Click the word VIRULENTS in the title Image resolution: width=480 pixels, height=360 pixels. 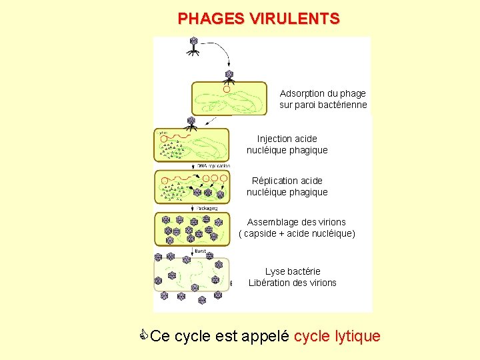(295, 19)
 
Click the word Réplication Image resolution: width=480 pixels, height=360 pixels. (278, 181)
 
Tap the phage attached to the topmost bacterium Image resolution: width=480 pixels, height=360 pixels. (229, 76)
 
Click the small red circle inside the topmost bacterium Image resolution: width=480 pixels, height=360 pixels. (227, 89)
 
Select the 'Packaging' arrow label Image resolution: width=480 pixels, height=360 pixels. (207, 208)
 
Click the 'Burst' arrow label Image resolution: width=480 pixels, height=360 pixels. (200, 251)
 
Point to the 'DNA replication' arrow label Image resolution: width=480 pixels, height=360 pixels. (213, 165)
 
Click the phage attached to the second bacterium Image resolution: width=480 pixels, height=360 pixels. (191, 123)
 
